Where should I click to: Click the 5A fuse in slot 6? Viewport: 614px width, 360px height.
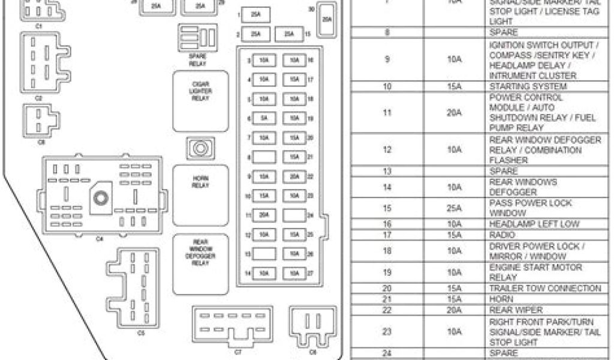coord(263,119)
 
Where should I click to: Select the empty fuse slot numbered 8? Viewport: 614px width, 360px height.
coord(263,157)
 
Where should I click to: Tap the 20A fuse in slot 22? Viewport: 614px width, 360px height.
coord(294,176)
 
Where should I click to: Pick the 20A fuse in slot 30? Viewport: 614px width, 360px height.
coord(327,20)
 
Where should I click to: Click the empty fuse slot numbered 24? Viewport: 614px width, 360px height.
coord(294,215)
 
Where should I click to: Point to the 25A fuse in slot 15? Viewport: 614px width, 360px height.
coord(290,34)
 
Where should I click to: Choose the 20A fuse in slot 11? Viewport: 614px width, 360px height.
coord(263,215)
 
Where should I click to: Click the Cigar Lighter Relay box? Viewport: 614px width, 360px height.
coord(200,100)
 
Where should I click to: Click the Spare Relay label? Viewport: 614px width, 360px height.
coord(197,60)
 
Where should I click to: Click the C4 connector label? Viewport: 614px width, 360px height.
coord(100,238)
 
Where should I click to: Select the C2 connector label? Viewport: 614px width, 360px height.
coord(39,97)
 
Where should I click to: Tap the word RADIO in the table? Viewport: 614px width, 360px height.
coord(502,235)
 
